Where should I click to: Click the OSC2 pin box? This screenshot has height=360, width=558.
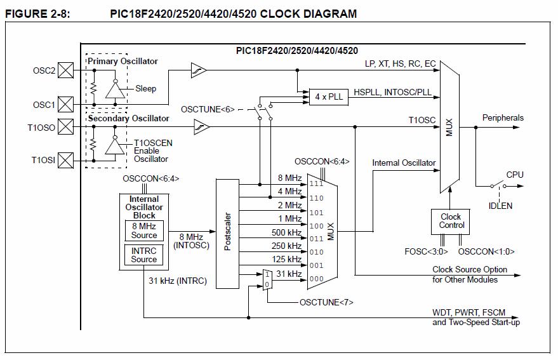click(65, 69)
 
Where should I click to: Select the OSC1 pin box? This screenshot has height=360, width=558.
click(65, 104)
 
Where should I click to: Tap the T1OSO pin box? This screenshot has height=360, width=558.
click(65, 126)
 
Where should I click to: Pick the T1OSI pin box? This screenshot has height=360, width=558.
click(65, 161)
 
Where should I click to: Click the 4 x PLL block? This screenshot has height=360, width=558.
click(328, 97)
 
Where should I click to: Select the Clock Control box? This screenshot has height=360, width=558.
click(451, 221)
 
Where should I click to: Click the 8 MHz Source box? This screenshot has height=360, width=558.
click(144, 230)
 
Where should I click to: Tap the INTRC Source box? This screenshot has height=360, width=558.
click(144, 255)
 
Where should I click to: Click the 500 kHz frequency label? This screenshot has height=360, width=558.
click(286, 232)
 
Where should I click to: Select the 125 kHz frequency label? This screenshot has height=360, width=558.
click(286, 260)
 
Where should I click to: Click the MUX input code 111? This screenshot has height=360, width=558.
click(316, 184)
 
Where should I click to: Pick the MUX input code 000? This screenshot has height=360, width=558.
click(316, 279)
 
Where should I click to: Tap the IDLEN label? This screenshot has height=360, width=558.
click(500, 206)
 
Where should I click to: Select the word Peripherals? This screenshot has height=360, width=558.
click(503, 118)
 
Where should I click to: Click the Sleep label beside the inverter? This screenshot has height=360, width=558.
click(145, 89)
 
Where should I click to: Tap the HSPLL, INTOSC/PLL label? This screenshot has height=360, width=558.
click(392, 93)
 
